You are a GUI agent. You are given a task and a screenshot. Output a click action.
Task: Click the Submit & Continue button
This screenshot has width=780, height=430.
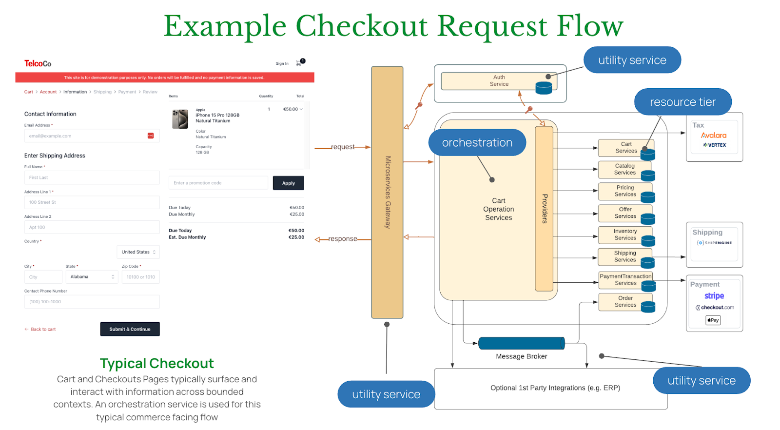point(130,329)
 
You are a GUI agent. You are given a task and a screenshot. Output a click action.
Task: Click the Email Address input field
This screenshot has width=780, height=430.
point(92,136)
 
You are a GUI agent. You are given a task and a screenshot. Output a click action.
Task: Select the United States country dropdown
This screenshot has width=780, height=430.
point(138,252)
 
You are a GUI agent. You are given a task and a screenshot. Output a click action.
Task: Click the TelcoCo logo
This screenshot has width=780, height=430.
point(38,63)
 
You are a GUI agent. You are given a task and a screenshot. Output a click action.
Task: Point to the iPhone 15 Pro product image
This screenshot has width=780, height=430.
point(180,119)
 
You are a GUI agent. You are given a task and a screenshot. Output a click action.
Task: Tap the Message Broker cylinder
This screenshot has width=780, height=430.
point(521,343)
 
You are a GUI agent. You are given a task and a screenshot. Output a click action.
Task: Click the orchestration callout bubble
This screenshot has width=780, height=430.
point(477,142)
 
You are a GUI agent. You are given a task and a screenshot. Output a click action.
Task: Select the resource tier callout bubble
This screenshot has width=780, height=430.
point(682,102)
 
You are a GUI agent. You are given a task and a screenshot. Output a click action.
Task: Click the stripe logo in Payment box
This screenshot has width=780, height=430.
point(714,296)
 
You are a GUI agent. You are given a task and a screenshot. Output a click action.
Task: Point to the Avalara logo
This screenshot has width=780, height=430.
point(714,136)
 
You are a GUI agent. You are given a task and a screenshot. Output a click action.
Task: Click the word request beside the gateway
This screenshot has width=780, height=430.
point(343,147)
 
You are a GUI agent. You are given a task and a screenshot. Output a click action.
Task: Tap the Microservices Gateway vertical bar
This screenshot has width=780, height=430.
point(387,192)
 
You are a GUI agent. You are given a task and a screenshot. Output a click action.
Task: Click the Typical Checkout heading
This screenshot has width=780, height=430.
point(156,363)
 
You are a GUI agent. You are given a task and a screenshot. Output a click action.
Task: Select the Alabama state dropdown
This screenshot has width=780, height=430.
point(92,277)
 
